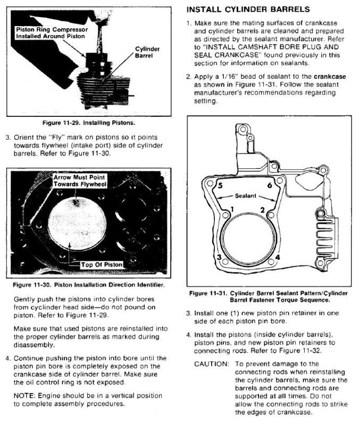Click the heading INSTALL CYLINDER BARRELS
pos(247,10)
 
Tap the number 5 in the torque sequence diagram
pos(220,186)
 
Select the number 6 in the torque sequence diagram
pos(270,185)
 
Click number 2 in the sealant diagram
pos(263,210)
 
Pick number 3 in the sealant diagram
pos(219,258)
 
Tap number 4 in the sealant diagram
pos(278,257)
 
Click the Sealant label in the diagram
pos(246,196)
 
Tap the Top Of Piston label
pos(102,264)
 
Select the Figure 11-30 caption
pos(88,285)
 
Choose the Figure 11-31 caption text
pos(268,296)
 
